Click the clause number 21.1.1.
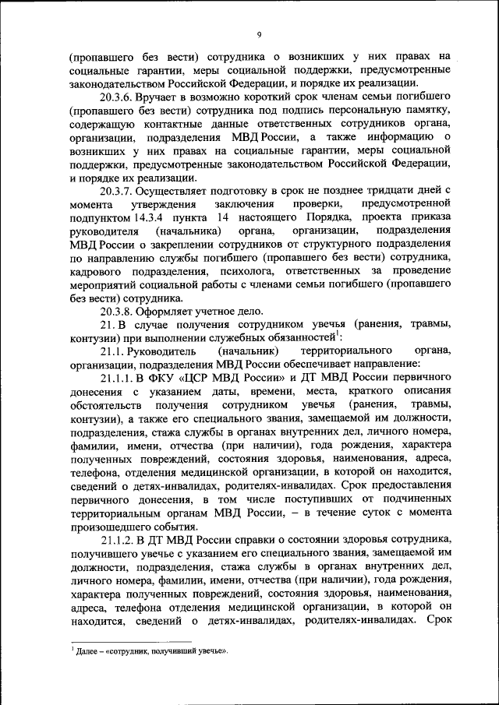click(121, 378)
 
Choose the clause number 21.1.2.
click(121, 539)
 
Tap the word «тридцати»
click(375, 190)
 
